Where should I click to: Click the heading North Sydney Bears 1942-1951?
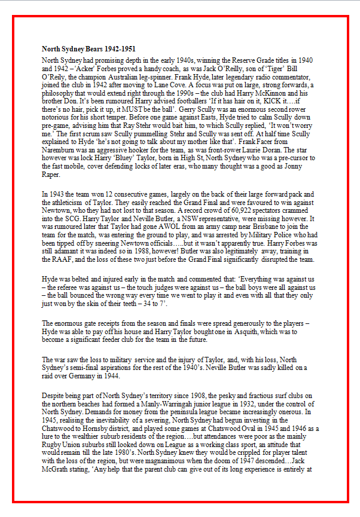click(84, 48)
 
